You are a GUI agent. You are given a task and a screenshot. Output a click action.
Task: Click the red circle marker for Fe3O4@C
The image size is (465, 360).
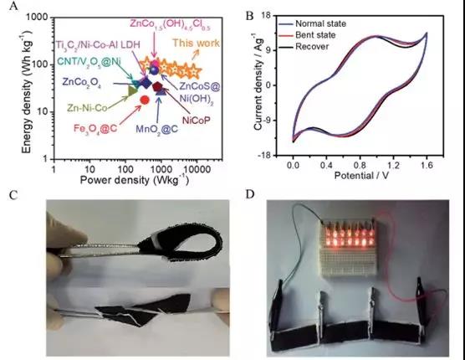point(145,100)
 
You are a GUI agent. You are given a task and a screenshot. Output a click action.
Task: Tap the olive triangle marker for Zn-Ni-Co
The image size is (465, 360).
point(132,90)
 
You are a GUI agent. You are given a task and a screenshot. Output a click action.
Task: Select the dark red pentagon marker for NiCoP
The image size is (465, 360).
point(157,87)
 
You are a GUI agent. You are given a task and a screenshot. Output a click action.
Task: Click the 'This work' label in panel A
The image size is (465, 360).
point(196,43)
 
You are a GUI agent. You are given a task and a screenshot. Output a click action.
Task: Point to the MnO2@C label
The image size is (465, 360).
point(157,129)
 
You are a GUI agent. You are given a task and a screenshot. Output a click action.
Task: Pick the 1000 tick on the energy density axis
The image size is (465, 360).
point(38,18)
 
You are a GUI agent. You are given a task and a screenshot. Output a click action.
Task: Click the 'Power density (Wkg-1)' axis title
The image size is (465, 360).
point(135,180)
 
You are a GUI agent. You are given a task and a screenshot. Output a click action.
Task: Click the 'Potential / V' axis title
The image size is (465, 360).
point(361,176)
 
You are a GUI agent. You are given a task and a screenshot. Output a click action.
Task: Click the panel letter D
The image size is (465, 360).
point(250,195)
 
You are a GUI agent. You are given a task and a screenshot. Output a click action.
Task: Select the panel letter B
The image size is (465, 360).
point(250,16)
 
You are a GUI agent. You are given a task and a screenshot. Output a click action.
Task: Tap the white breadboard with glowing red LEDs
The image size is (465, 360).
point(350,248)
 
